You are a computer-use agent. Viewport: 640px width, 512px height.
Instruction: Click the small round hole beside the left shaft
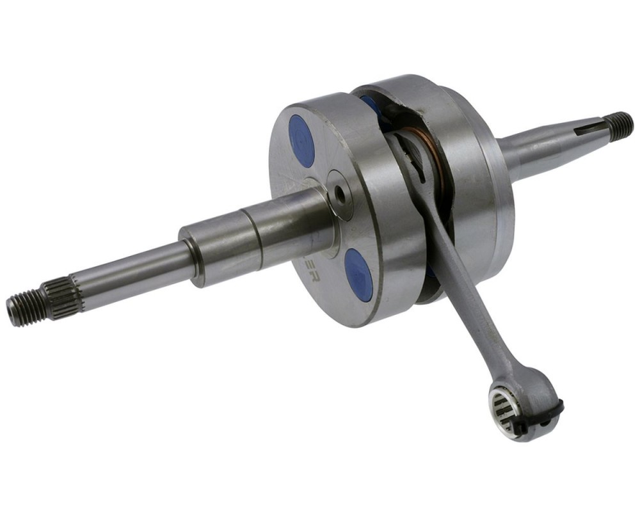(x=340, y=195)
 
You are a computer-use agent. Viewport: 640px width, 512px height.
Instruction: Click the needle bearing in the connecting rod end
(x=504, y=407)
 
